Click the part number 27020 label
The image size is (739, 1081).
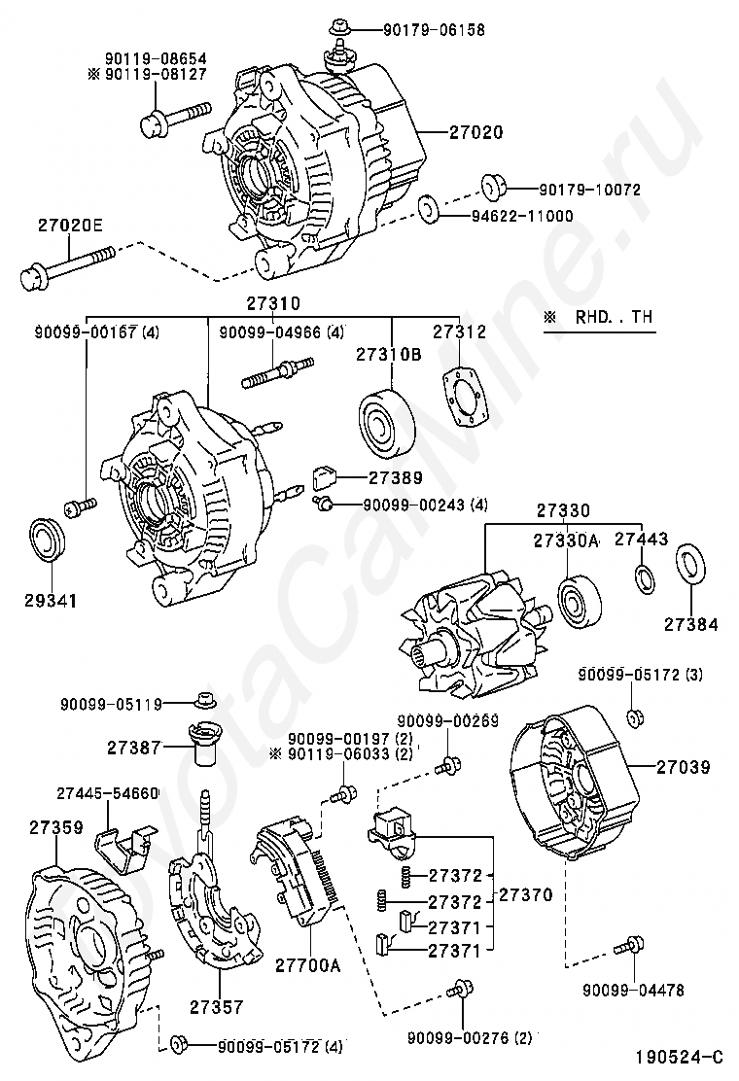click(476, 131)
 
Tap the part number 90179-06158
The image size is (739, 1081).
click(435, 29)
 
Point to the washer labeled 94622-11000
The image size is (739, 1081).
click(430, 210)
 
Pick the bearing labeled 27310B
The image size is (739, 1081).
click(386, 422)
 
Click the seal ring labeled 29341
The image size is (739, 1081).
click(49, 540)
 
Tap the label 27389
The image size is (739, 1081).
click(395, 477)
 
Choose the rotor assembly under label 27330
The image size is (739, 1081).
click(475, 634)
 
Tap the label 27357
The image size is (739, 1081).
click(217, 1007)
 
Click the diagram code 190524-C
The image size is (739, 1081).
click(680, 1057)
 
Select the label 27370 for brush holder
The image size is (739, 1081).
click(525, 895)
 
